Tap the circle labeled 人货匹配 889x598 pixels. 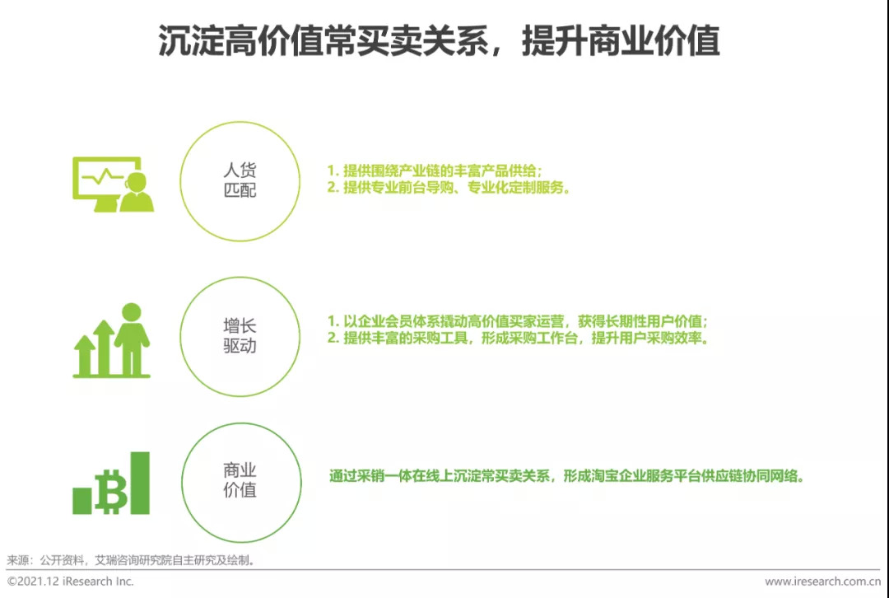coord(240,181)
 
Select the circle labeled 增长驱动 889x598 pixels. coord(240,336)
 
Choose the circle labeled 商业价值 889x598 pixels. coord(240,481)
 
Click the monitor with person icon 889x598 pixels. coord(112,184)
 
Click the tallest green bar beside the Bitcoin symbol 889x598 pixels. coord(140,483)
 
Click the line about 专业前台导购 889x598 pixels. coord(449,188)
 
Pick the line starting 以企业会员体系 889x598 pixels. coord(517,321)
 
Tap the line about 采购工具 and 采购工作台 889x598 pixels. coord(517,338)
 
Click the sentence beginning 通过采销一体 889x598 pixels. coord(566,476)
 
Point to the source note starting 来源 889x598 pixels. coord(132,560)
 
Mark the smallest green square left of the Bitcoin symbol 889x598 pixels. coord(82,501)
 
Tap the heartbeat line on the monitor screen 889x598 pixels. coord(103,176)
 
